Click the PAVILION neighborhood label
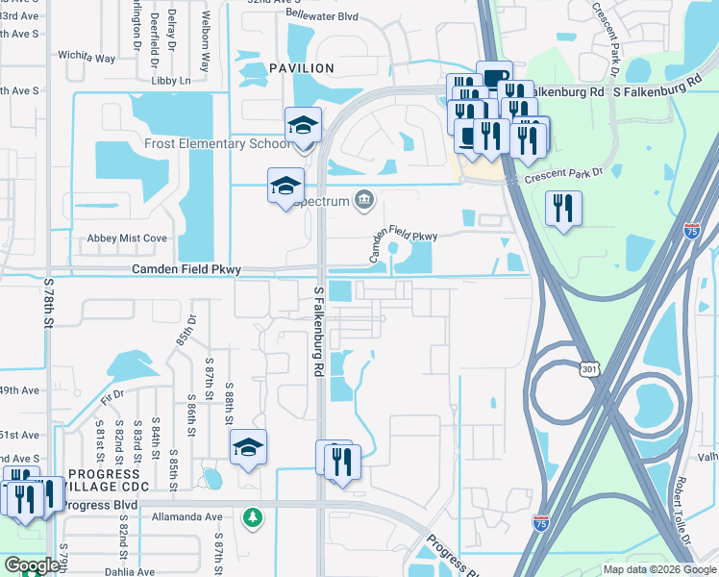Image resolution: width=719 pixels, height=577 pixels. (302, 68)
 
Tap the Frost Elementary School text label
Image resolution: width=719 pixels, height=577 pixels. (216, 143)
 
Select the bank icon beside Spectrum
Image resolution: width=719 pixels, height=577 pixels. (363, 199)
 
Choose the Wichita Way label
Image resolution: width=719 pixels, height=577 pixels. (87, 58)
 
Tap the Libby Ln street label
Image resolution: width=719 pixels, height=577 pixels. (172, 81)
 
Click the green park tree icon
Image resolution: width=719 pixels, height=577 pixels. (252, 517)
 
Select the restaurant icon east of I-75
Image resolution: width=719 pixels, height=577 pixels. (562, 207)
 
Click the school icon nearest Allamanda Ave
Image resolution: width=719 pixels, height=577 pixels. (248, 447)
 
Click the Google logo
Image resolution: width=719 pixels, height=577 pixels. (31, 565)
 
